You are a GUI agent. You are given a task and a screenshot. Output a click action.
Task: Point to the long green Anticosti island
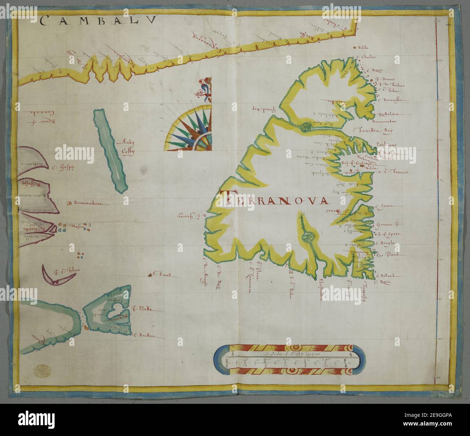[110, 150]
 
